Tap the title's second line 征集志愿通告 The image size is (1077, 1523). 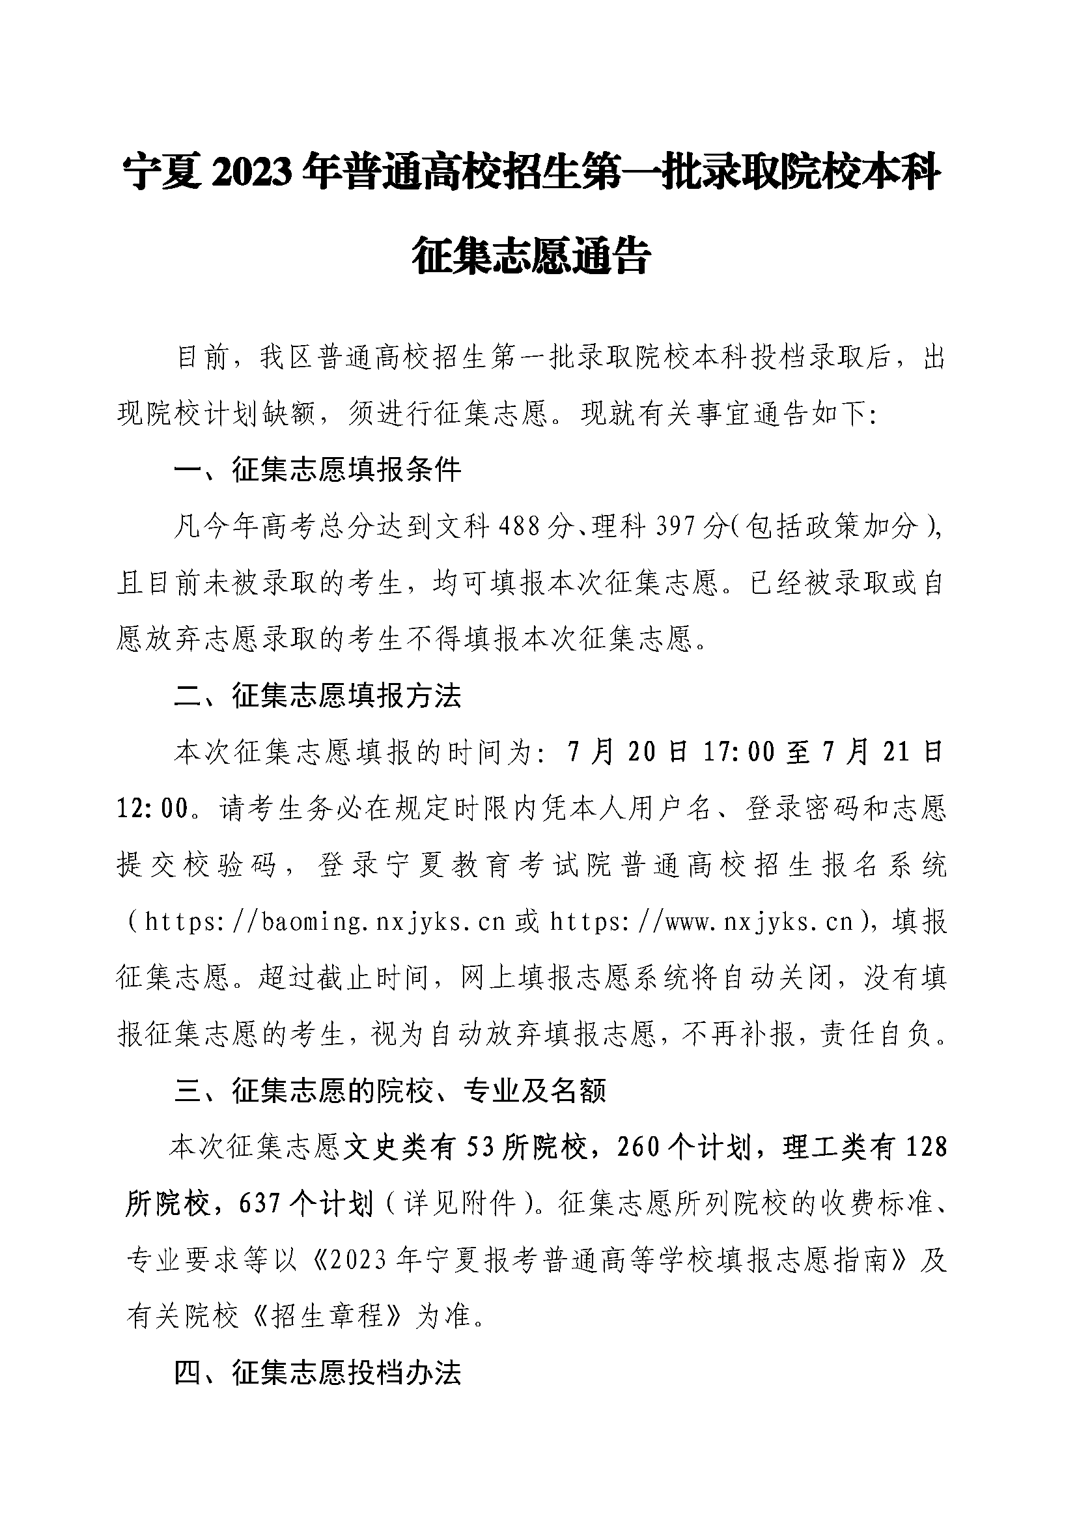tap(531, 255)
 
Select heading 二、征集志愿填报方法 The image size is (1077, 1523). tap(317, 696)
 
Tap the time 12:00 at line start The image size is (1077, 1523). tap(153, 809)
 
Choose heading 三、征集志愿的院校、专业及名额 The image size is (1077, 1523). tap(390, 1091)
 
